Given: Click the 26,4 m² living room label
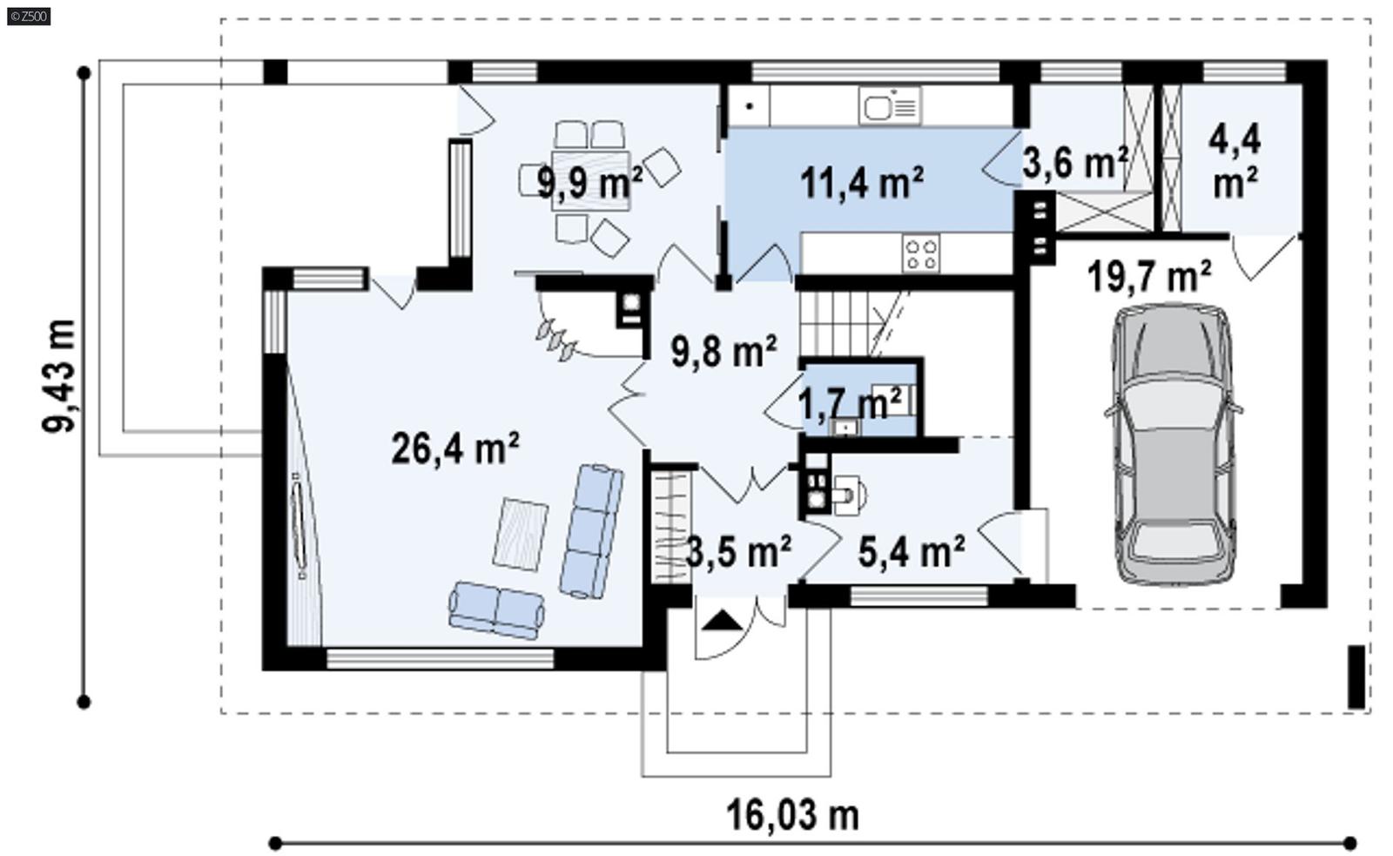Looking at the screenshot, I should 454,448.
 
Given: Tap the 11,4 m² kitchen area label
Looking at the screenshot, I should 861,182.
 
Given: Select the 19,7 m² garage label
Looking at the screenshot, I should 1148,277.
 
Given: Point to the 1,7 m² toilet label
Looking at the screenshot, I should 849,404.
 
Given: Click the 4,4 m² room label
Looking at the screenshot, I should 1235,161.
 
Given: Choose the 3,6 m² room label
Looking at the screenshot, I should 1074,162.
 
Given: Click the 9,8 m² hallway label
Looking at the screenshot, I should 723,352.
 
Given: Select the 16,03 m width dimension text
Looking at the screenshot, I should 792,815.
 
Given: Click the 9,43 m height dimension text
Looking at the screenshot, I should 59,375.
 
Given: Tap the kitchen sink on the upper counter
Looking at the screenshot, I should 889,106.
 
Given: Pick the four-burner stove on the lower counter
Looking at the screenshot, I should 921,253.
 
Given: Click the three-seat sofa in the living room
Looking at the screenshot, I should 591,530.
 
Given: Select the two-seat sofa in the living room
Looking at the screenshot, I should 496,610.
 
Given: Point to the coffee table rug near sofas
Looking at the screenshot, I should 521,534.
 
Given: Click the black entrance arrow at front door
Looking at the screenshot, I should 723,620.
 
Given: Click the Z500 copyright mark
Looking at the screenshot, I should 29,15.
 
